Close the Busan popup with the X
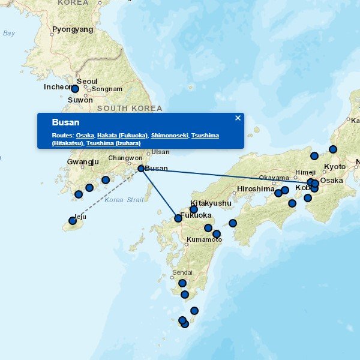pyautogui.click(x=238, y=118)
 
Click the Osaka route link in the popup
pyautogui.click(x=85, y=136)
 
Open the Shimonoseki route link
pyautogui.click(x=169, y=136)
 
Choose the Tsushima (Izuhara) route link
pyautogui.click(x=113, y=143)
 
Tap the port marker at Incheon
pyautogui.click(x=75, y=89)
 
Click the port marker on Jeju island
pyautogui.click(x=73, y=221)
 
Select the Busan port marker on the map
pyautogui.click(x=141, y=169)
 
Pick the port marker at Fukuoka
pyautogui.click(x=178, y=218)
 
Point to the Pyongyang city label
pyautogui.click(x=73, y=29)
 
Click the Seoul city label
pyautogui.click(x=87, y=82)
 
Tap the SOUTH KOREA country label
pyautogui.click(x=129, y=109)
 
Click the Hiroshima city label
pyautogui.click(x=255, y=188)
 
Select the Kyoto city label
pyautogui.click(x=334, y=167)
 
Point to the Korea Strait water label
pyautogui.click(x=124, y=200)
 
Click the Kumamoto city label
pyautogui.click(x=204, y=239)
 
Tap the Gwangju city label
pyautogui.click(x=83, y=162)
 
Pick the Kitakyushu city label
pyautogui.click(x=211, y=203)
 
